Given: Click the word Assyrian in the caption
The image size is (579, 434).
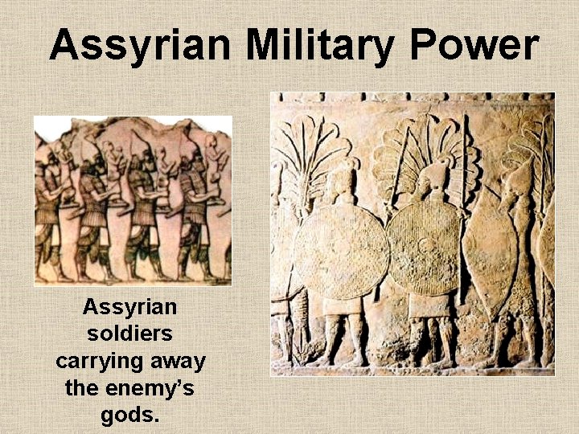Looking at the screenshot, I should (130, 307).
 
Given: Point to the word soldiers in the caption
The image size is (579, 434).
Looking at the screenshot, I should (130, 334).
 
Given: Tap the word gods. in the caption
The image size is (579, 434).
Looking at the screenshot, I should (130, 416).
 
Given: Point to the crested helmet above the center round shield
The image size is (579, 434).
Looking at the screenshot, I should (436, 173).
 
